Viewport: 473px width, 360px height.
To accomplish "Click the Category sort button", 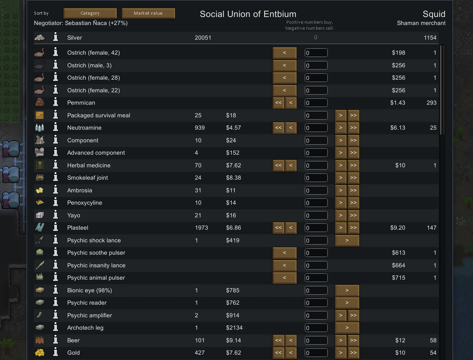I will coord(90,13).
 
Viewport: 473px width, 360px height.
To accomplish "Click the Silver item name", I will coord(74,38).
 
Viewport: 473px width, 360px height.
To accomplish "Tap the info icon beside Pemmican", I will coord(56,102).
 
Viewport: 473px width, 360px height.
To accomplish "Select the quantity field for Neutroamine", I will coord(316,128).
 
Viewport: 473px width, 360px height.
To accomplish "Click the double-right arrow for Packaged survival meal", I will coord(353,115).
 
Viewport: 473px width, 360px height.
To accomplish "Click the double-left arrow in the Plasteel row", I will coord(278,228).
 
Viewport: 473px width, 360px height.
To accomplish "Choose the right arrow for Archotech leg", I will coord(347,328).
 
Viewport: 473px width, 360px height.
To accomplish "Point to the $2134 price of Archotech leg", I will coord(234,328).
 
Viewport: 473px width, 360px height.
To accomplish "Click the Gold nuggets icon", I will coord(40,353).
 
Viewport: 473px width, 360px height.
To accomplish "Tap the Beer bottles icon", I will coord(40,340).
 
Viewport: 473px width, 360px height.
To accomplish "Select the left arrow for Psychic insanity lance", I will coord(284,265).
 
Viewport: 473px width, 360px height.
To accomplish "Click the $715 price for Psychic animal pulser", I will coord(398,278).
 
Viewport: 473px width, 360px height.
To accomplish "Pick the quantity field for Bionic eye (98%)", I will coord(316,290).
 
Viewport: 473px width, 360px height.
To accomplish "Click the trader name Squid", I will coord(434,14).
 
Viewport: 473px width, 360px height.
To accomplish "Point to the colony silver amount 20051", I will coord(203,38).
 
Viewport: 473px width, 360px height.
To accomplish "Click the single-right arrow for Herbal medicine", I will coord(340,165).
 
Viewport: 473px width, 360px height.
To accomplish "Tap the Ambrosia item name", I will coord(80,190).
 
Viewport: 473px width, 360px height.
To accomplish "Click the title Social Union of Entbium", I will coord(248,14).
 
